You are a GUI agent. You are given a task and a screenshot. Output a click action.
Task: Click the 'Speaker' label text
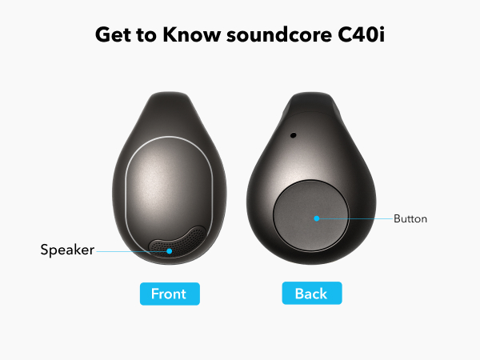67,250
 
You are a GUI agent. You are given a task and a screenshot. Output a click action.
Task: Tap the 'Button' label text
410,218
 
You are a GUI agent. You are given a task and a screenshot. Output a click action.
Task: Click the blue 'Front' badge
169,294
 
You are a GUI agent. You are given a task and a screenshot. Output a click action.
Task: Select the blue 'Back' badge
311,294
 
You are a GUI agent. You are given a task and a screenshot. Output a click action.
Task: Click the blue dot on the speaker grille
170,250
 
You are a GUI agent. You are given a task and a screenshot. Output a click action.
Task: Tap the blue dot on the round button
317,218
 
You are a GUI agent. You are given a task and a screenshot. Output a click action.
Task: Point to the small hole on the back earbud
293,135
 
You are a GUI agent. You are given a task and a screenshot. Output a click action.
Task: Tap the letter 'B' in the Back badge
299,294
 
